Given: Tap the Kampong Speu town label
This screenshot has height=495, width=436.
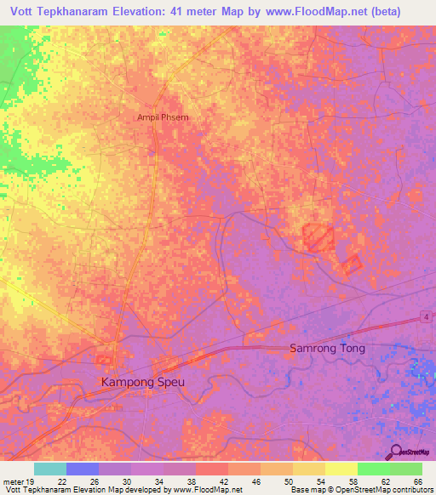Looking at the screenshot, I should [142, 382].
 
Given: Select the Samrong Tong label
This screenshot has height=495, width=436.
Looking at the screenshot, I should [327, 349].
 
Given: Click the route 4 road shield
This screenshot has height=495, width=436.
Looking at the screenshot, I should [422, 317].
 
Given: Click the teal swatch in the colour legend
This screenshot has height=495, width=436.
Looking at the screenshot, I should [50, 469].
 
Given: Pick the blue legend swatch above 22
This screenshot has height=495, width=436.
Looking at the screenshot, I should [83, 469].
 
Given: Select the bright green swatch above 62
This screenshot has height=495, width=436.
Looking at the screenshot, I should [373, 469].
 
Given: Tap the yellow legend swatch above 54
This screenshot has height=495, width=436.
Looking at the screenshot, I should [308, 469].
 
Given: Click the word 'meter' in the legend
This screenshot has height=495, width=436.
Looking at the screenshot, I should [14, 481].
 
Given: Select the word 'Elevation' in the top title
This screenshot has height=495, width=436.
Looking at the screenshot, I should [146, 12].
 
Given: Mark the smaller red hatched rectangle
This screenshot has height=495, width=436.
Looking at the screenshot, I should [352, 265].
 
